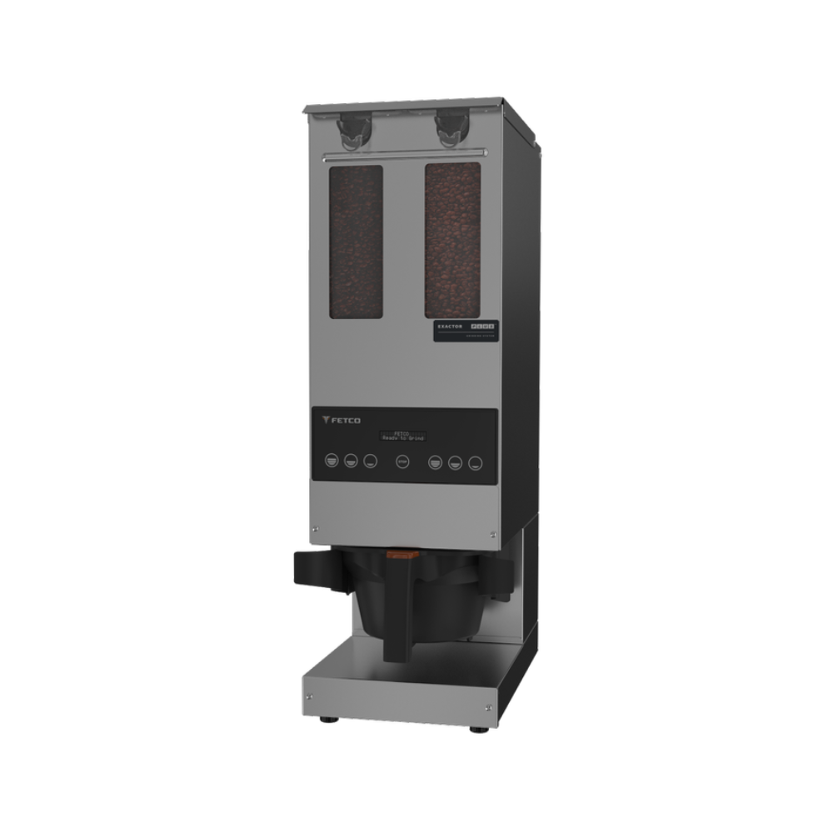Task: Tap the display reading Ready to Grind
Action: pos(402,435)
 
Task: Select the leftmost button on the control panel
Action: pos(332,460)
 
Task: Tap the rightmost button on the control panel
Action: pos(475,462)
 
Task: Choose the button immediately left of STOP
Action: pos(371,461)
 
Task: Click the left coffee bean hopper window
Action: pos(356,242)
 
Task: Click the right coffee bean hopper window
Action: pos(452,240)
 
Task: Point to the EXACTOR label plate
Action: pos(466,330)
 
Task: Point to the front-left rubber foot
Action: pos(324,717)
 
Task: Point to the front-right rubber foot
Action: pos(479,728)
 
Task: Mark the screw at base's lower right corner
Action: pos(490,708)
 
